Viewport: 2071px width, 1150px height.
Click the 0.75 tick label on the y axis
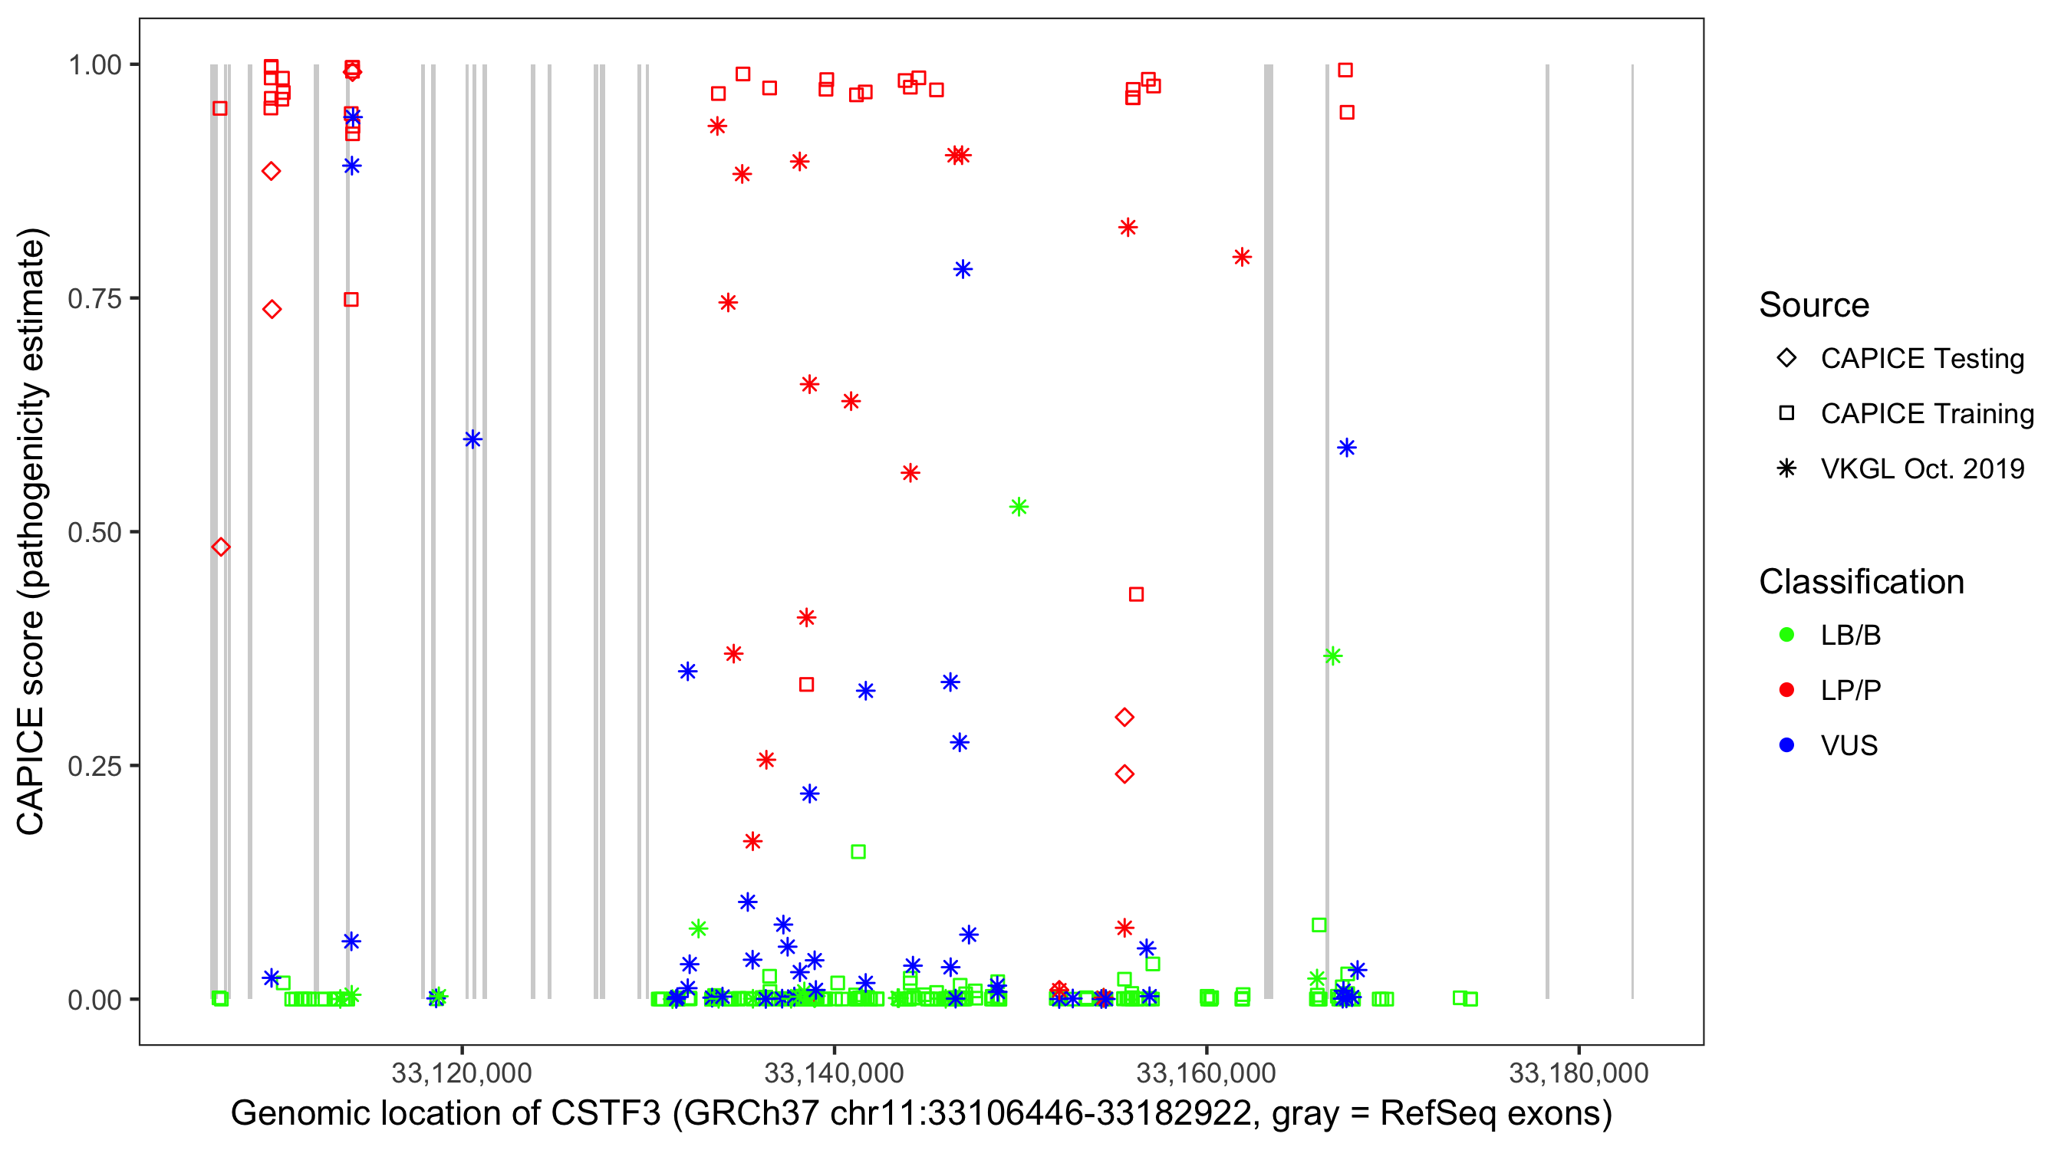94,299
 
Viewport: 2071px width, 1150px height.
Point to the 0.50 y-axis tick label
94,533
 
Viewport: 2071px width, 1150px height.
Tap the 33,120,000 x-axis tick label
462,1073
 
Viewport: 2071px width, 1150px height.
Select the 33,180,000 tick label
1578,1073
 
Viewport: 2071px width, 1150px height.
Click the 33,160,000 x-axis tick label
1206,1073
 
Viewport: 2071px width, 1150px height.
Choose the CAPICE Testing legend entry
1921,359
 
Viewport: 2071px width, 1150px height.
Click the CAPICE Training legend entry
1926,414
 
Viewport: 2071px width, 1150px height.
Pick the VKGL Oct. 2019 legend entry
1921,468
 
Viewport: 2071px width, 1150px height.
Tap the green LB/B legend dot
1786,635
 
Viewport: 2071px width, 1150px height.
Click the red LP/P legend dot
1786,690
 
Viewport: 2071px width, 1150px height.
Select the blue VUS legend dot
1786,745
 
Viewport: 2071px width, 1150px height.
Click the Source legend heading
1813,305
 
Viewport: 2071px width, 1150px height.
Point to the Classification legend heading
1860,582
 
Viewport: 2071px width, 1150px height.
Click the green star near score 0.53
1019,507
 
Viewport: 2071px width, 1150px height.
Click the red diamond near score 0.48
221,547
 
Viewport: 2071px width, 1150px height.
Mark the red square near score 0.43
1136,595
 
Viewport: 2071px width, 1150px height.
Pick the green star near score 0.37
1333,656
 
